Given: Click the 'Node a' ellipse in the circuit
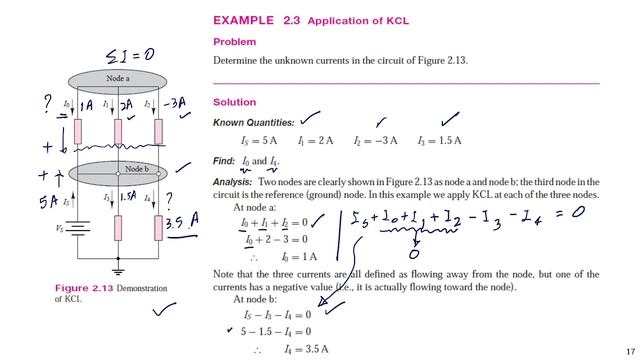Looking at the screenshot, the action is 119,79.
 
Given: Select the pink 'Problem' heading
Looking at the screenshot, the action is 234,42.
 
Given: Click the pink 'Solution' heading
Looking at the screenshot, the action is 235,102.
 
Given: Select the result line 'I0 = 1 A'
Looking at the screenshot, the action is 300,256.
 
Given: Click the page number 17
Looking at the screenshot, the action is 629,351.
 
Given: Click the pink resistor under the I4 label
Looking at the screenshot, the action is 158,227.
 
